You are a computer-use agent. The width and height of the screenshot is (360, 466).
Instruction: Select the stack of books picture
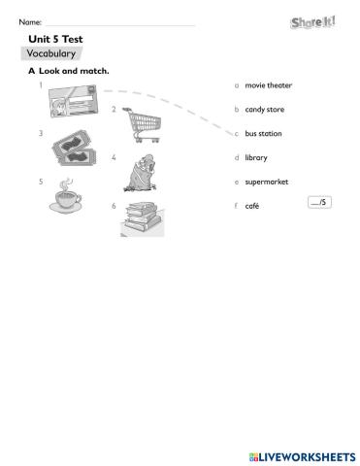coord(143,218)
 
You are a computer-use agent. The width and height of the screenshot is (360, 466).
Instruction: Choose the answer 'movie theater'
coord(268,85)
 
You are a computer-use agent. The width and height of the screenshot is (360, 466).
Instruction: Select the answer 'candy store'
coord(264,110)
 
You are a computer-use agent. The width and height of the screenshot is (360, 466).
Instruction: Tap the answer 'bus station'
coord(264,134)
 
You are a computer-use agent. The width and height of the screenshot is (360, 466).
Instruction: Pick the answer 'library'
coord(256,157)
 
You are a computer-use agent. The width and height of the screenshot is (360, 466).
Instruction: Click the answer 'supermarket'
coord(267,182)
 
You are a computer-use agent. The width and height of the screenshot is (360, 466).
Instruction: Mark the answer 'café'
coord(251,206)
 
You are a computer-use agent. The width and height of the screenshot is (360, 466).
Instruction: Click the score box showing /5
coord(317,202)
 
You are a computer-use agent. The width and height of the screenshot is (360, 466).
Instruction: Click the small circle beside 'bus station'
coord(237,134)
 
